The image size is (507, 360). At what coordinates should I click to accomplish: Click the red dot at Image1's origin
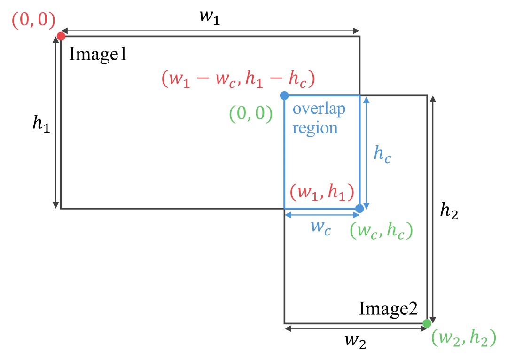61,36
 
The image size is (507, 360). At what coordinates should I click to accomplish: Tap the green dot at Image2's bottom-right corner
427,323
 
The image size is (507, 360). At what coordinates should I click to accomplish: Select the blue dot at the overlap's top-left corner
284,95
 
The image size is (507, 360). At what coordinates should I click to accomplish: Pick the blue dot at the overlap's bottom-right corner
359,209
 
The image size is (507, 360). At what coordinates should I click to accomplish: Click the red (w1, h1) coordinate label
322,192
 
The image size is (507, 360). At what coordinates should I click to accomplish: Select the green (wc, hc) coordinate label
382,230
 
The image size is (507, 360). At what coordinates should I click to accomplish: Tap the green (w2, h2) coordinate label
464,337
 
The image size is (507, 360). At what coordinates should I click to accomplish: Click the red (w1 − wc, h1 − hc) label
238,78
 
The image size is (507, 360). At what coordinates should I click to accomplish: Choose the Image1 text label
98,55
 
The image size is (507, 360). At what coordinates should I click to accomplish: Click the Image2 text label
388,309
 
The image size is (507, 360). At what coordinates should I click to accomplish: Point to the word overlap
319,109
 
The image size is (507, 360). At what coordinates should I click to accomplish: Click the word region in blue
315,128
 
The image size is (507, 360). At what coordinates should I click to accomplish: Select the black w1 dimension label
210,17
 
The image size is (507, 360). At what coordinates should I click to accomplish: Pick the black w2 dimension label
356,342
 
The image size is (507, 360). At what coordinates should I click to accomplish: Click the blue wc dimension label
321,227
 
